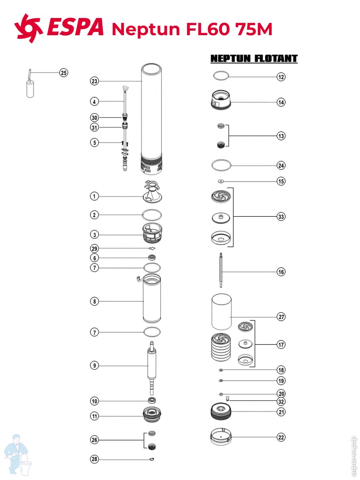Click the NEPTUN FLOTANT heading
pos(254,59)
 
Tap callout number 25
pos(64,72)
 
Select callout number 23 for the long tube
pos(94,81)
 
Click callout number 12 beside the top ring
pos(281,77)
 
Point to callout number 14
pos(281,102)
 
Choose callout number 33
pos(281,217)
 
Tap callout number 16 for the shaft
pos(281,272)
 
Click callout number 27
pos(281,317)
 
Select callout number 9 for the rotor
pos(94,365)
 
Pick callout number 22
pos(281,437)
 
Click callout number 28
pos(94,459)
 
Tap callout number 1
pos(94,196)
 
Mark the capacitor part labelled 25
pos(29,88)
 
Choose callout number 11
pos(94,416)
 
